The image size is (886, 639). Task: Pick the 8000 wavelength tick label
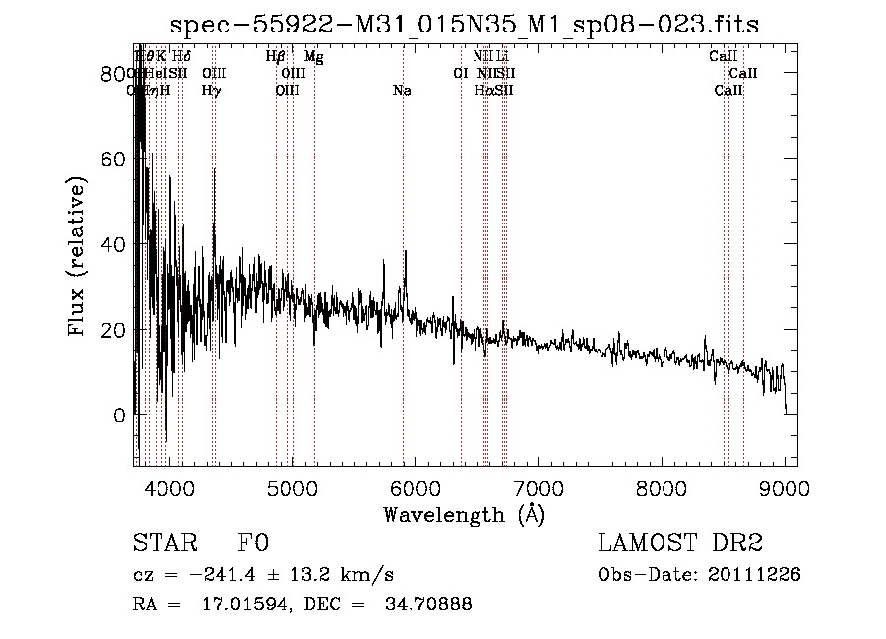click(x=662, y=487)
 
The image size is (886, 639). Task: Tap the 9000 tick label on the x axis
click(x=785, y=487)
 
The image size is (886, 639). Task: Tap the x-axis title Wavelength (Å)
click(x=464, y=514)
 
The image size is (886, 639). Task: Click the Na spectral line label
click(x=402, y=91)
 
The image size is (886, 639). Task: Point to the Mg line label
click(x=313, y=57)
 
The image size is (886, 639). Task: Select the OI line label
click(x=460, y=74)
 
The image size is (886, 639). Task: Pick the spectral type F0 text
click(x=253, y=543)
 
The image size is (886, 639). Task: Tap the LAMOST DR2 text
click(x=680, y=543)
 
